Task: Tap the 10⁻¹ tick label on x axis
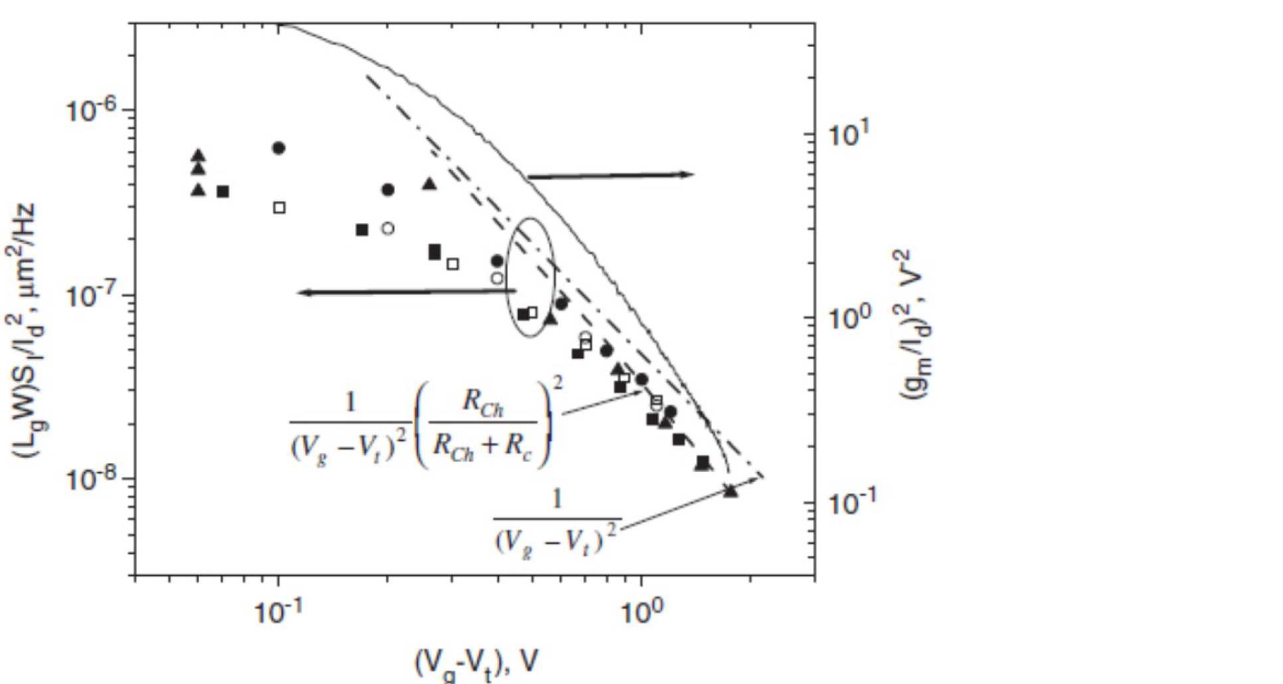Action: click(278, 612)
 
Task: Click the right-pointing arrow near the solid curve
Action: click(611, 175)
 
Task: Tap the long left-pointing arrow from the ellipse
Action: click(405, 292)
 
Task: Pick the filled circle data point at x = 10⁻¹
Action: click(279, 148)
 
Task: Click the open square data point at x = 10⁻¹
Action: click(280, 208)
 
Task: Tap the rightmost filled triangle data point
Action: click(730, 491)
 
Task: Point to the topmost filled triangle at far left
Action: click(198, 155)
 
